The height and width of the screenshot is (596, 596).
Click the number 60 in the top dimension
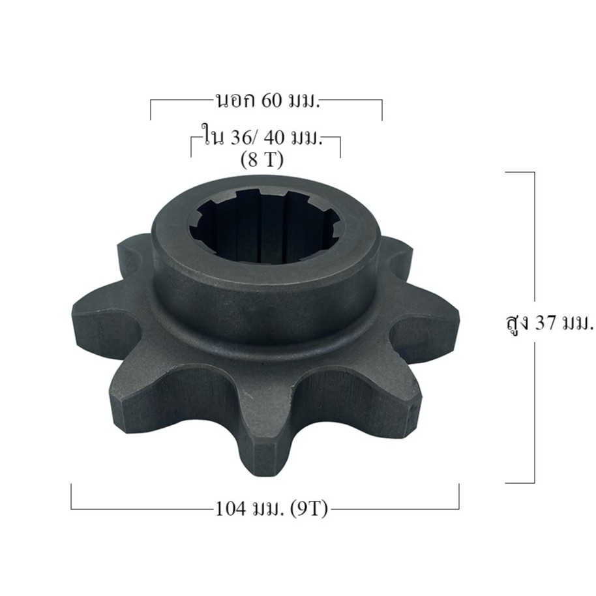272,101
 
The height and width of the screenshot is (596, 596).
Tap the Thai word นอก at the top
235,101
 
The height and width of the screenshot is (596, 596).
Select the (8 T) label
262,160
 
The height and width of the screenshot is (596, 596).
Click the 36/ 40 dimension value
258,138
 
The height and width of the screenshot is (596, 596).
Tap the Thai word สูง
516,325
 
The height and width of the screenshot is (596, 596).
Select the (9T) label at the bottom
308,509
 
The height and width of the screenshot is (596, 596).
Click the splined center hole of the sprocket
266,228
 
